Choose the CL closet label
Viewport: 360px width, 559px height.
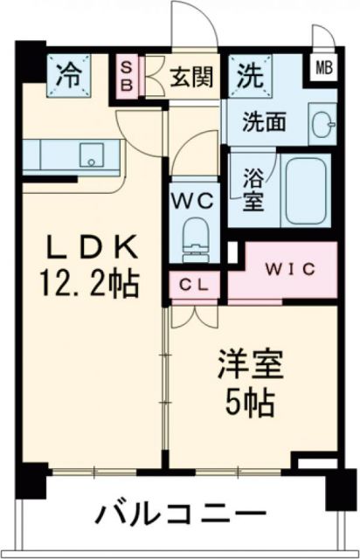click(x=195, y=284)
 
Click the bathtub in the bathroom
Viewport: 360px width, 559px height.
click(x=305, y=190)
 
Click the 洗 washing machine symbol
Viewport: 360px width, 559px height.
click(x=250, y=74)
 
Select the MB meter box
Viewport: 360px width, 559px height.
click(x=323, y=66)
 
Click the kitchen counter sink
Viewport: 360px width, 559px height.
click(x=92, y=155)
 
